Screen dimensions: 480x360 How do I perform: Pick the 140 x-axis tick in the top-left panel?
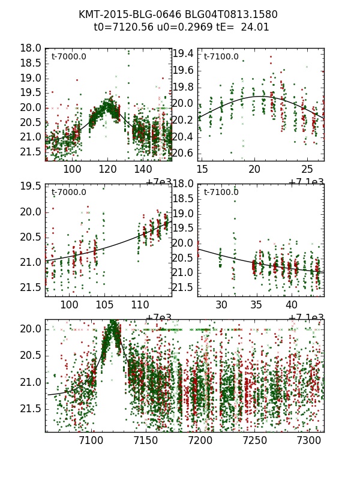(142, 170)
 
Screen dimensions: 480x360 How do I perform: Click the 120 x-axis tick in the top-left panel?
(107, 170)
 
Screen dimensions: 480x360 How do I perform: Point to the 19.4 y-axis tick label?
(183, 54)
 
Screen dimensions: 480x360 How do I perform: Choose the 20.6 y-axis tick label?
(183, 153)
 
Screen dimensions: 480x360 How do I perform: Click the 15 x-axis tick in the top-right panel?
(202, 170)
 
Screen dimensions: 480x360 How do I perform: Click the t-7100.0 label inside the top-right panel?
(221, 57)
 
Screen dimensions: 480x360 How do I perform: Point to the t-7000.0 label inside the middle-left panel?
(68, 193)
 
